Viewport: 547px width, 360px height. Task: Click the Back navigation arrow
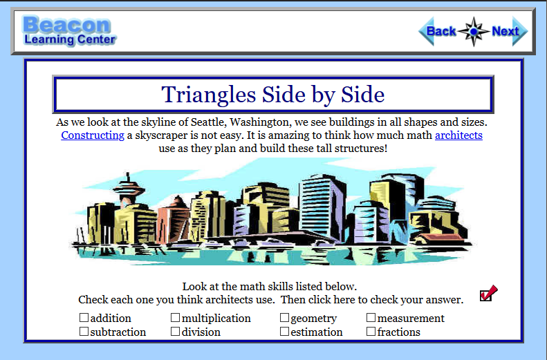pyautogui.click(x=438, y=31)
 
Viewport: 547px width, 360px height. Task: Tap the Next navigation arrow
pyautogui.click(x=510, y=31)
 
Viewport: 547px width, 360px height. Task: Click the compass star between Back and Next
pyautogui.click(x=474, y=31)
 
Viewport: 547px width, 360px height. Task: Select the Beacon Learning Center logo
pyautogui.click(x=69, y=30)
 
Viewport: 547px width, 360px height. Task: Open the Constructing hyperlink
pyautogui.click(x=93, y=135)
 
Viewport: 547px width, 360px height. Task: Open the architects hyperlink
pyautogui.click(x=458, y=135)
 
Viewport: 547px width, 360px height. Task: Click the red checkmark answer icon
pyautogui.click(x=488, y=293)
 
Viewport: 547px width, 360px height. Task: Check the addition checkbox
pyautogui.click(x=84, y=317)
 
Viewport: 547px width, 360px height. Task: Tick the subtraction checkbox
pyautogui.click(x=84, y=332)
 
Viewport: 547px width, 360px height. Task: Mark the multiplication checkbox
pyautogui.click(x=175, y=317)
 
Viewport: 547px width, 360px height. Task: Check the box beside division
pyautogui.click(x=175, y=332)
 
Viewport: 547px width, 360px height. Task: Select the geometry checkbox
pyautogui.click(x=284, y=317)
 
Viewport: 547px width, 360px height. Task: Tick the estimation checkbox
pyautogui.click(x=284, y=332)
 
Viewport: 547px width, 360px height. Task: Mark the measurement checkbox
pyautogui.click(x=371, y=317)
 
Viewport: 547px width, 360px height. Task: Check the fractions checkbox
pyautogui.click(x=371, y=332)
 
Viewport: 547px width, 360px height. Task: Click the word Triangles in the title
pyautogui.click(x=209, y=95)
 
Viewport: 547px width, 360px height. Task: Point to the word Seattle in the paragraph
pyautogui.click(x=208, y=122)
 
